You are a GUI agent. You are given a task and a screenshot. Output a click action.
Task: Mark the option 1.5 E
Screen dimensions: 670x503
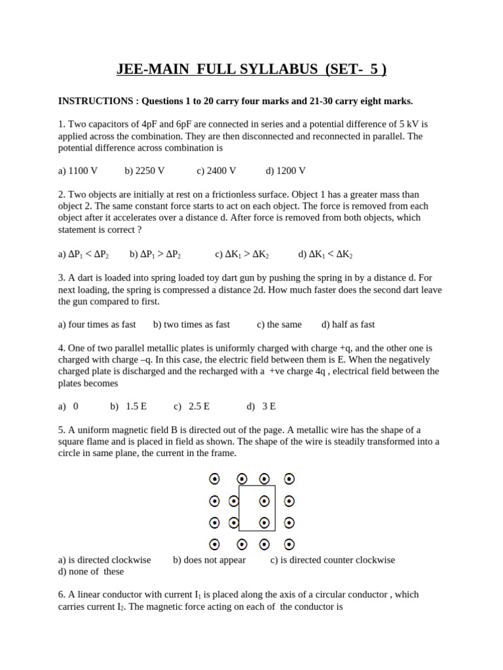pyautogui.click(x=136, y=406)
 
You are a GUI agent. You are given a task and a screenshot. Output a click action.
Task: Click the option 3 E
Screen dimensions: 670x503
pyautogui.click(x=269, y=406)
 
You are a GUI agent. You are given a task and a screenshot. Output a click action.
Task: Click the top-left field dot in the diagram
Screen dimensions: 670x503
pyautogui.click(x=214, y=479)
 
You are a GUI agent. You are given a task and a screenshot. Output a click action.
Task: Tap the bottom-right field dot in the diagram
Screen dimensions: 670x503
pyautogui.click(x=289, y=544)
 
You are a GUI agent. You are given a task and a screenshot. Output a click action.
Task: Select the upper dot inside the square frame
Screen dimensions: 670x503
pyautogui.click(x=265, y=501)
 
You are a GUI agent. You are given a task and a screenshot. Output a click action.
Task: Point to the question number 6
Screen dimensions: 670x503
pyautogui.click(x=62, y=595)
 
